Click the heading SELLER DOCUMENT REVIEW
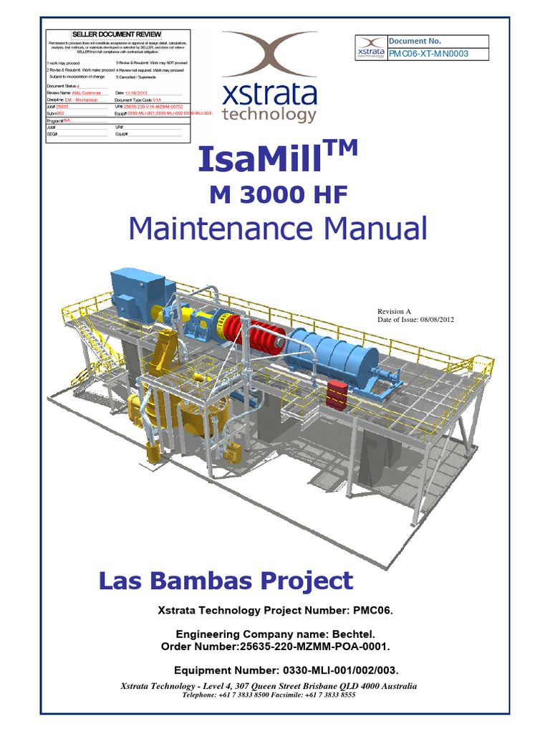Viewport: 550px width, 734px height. tap(117, 34)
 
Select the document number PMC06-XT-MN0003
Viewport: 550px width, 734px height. tap(429, 54)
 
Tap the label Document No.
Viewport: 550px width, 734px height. tap(410, 41)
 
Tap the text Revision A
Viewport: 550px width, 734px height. tap(394, 311)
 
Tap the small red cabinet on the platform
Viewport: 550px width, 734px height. tap(337, 391)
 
